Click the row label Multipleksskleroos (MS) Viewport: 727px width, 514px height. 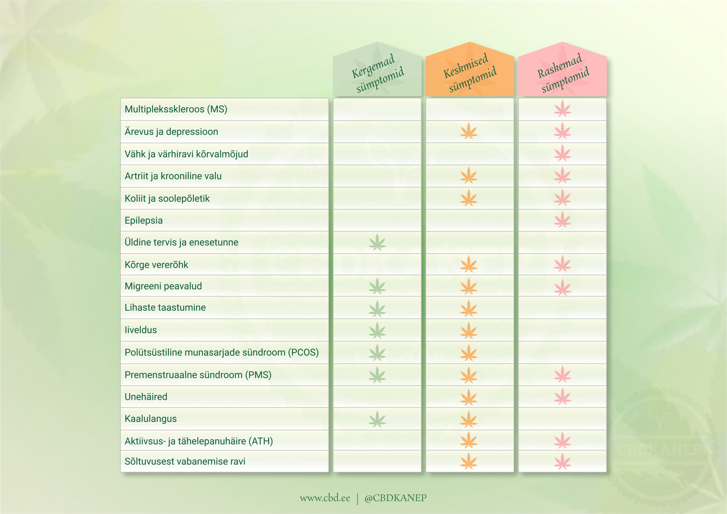176,109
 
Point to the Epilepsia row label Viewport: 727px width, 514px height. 143,220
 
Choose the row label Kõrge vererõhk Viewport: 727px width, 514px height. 156,265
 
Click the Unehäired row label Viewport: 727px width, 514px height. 146,397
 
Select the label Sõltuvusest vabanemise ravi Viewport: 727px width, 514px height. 185,461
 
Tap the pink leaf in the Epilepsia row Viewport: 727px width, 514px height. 562,220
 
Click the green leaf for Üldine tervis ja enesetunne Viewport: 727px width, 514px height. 377,242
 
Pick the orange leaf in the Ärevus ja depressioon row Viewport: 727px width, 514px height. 469,131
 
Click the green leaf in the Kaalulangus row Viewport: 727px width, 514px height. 377,419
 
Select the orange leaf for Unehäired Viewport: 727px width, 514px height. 469,397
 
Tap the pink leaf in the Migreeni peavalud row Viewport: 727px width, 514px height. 562,287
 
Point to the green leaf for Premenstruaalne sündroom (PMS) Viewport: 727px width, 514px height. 377,375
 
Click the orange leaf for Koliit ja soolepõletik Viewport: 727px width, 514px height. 469,198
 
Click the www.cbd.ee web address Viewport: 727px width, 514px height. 325,498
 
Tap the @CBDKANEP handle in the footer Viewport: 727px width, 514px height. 396,498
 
